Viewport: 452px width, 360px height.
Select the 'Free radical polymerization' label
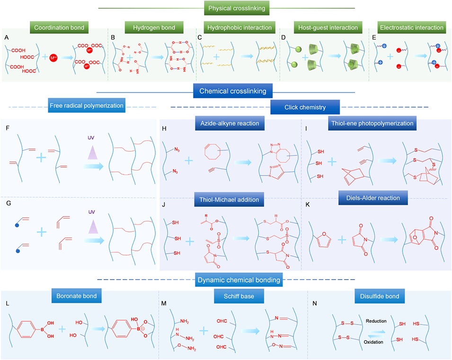[87, 106]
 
